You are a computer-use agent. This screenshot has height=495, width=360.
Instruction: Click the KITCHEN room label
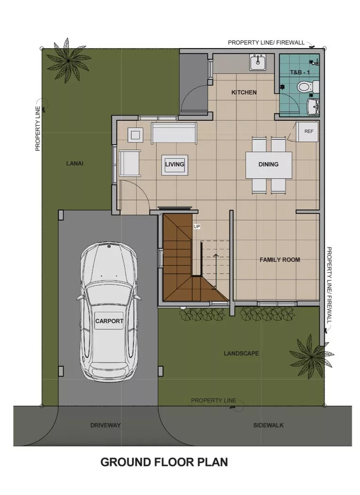coord(244,92)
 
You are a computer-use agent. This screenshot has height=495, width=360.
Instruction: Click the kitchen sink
coord(258,62)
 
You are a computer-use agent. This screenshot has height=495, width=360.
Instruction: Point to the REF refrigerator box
coord(309,132)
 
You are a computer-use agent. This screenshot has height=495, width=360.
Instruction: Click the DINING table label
coord(269,165)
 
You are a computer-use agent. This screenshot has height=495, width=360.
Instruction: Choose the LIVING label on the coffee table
coord(174,165)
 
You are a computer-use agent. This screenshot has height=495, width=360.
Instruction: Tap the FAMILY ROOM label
coord(279,260)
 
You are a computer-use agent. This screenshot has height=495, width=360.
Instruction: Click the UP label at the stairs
coord(197,227)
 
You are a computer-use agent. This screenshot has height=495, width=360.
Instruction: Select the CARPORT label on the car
coord(109,321)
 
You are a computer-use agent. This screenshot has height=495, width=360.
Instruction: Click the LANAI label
coord(75,164)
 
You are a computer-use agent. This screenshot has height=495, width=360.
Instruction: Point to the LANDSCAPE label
coord(241,353)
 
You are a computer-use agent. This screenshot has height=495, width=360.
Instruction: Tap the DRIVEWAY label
coord(106,425)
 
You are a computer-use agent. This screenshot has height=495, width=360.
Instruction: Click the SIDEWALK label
coord(268,425)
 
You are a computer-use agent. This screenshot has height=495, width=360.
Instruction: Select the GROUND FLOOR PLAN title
coord(164,462)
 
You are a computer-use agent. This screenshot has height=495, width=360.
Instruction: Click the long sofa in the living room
coord(173,132)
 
